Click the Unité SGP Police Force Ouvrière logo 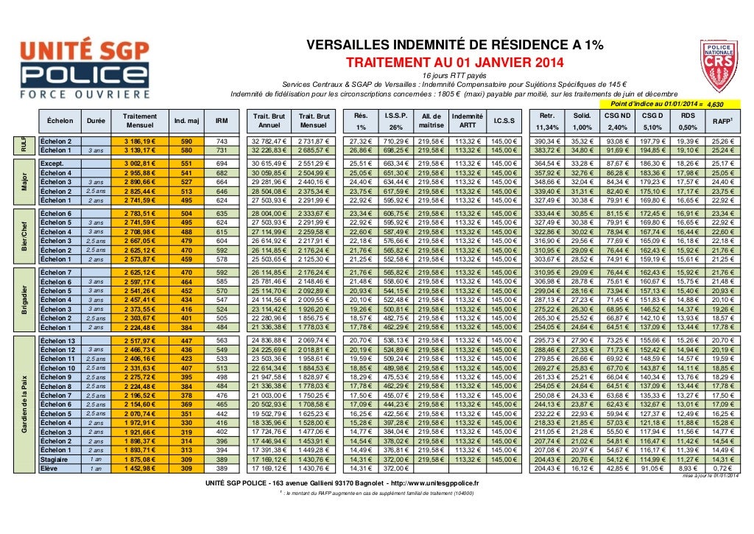point(83,68)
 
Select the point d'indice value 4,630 point(716,105)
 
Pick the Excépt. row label point(52,164)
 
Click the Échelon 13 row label point(58,341)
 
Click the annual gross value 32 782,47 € point(268,141)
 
